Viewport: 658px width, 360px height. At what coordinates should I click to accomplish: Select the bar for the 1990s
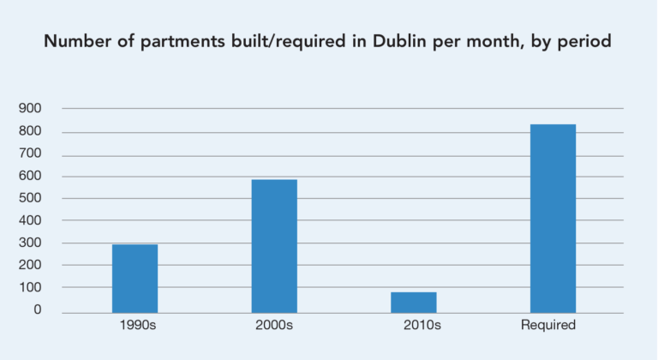click(135, 279)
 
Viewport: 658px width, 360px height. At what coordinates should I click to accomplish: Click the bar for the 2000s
click(274, 246)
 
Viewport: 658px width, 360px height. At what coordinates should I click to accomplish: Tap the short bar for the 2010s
click(413, 303)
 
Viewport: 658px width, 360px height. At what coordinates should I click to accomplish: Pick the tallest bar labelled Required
click(553, 219)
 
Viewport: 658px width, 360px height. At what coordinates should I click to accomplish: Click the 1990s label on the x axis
click(135, 326)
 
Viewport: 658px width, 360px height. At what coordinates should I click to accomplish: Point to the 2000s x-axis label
click(274, 326)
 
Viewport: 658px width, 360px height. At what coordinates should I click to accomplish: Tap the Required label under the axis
click(548, 326)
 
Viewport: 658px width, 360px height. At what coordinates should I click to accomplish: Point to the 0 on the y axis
click(38, 310)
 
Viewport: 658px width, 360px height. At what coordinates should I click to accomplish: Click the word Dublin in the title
click(406, 41)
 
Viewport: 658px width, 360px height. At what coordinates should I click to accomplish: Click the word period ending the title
click(586, 41)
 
